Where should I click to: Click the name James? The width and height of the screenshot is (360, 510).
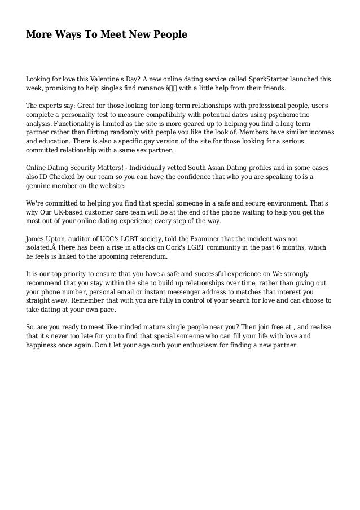(x=38, y=239)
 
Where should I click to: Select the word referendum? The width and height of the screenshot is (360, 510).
(x=147, y=256)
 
